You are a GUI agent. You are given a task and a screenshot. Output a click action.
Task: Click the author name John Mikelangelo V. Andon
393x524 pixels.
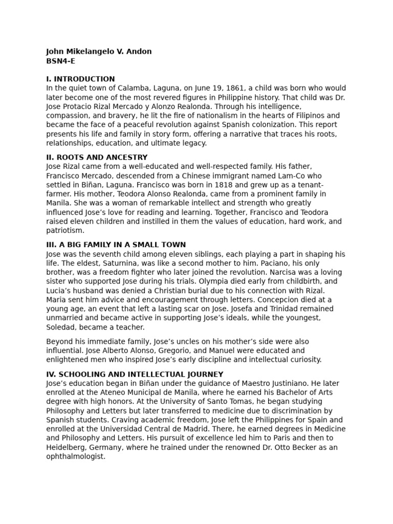(x=99, y=52)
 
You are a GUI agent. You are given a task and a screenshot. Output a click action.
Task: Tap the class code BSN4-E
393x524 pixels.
(x=60, y=61)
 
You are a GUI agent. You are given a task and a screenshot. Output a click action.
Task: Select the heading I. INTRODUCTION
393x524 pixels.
(x=80, y=79)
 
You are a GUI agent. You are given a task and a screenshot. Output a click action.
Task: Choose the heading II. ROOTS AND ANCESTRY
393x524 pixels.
(x=97, y=158)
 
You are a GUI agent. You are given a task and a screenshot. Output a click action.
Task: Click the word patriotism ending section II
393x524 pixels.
(x=64, y=231)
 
